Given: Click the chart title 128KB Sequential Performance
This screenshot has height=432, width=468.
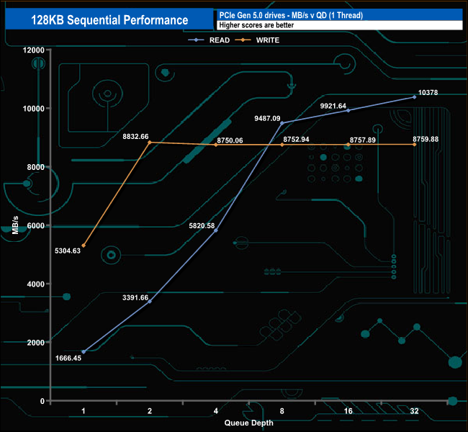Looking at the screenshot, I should click(x=109, y=20).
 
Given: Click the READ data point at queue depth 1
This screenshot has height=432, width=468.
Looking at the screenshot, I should click(x=84, y=351).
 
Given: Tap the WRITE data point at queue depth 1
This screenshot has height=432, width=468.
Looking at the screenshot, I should click(x=84, y=246).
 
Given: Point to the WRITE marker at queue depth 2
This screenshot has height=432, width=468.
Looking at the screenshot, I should click(x=150, y=143).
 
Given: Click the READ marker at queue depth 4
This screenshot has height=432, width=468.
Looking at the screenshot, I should click(x=216, y=230).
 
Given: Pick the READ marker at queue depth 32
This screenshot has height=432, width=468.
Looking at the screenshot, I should click(x=415, y=97).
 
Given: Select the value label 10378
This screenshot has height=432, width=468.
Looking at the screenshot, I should click(x=428, y=92).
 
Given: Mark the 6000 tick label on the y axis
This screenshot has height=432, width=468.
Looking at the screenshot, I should click(x=36, y=225).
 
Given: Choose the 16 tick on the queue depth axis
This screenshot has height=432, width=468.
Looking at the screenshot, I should click(x=348, y=410).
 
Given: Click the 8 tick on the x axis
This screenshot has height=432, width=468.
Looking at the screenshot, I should click(x=282, y=410).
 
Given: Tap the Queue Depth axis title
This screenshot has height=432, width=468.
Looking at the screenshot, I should click(x=248, y=423).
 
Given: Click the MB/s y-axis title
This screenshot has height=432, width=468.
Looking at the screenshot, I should click(x=16, y=225).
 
